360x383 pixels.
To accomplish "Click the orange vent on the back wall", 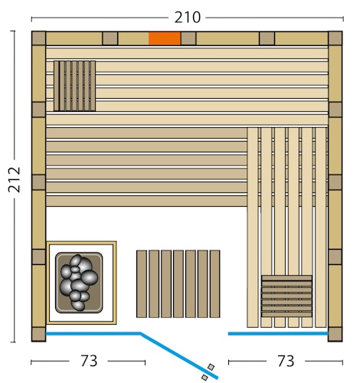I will [164, 38].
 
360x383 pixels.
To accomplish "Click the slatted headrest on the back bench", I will [74, 86].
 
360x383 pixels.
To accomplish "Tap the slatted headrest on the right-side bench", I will [286, 295].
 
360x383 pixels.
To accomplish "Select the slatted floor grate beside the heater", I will [178, 283].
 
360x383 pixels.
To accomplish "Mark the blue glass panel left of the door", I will [93, 333].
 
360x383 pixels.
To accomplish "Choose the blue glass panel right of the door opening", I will [277, 333].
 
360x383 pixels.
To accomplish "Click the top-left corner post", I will [38, 38].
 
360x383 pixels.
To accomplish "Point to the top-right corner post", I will [335, 38].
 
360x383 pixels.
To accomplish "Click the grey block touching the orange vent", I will [188, 38].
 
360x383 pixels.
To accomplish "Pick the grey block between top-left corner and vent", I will [110, 38].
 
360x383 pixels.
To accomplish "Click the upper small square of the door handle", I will [211, 367].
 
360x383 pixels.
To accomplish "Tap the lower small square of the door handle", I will [205, 377].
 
